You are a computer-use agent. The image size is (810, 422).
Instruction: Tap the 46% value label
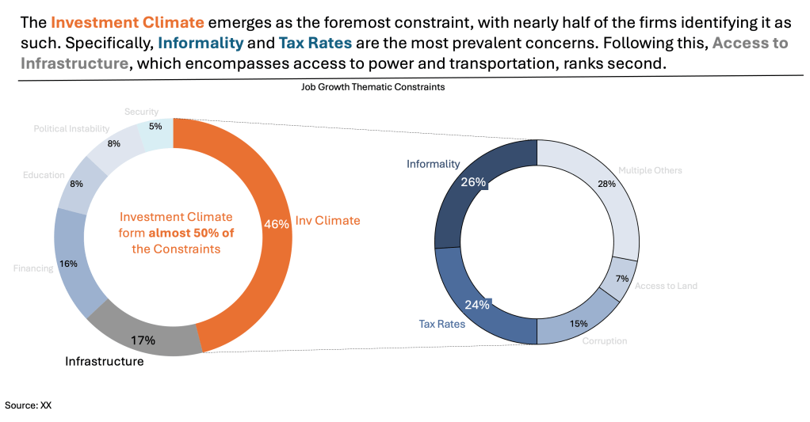(x=276, y=224)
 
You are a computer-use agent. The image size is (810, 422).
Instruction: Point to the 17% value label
(x=143, y=340)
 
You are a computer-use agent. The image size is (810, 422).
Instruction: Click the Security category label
(x=141, y=112)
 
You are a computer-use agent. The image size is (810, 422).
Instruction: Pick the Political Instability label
(x=71, y=129)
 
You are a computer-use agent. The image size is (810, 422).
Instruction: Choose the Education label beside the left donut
(x=44, y=175)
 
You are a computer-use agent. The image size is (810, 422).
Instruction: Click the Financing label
(x=33, y=268)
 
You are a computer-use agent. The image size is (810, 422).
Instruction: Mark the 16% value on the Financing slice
(x=67, y=264)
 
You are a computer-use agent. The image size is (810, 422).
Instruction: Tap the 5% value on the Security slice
(x=155, y=126)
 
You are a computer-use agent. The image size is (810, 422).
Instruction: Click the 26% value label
(x=473, y=182)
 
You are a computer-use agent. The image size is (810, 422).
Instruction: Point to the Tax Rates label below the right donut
(x=441, y=324)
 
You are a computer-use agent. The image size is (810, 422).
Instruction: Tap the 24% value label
(x=477, y=304)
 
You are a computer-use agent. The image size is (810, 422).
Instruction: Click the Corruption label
(x=605, y=341)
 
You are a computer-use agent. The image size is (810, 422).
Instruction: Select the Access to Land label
(x=666, y=286)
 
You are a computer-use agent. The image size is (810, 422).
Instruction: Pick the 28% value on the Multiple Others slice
(x=606, y=184)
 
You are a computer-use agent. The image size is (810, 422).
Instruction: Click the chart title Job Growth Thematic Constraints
(x=373, y=88)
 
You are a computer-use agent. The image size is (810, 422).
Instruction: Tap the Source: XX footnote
(x=29, y=405)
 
